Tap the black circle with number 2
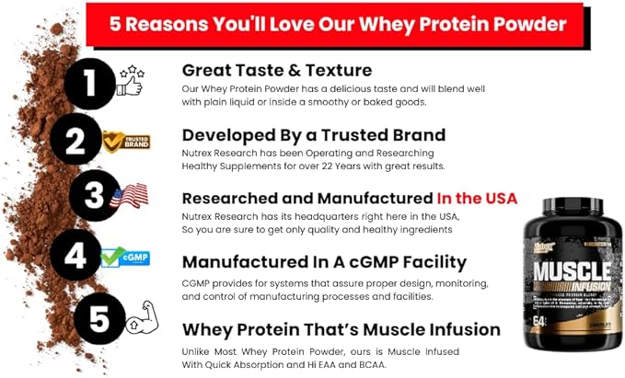[77, 141]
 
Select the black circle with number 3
[95, 196]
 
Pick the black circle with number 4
[75, 255]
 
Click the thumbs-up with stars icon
[131, 81]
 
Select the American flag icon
[131, 195]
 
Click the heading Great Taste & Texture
[275, 70]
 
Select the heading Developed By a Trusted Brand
[313, 135]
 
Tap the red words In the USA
[477, 198]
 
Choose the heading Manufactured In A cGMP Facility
[324, 263]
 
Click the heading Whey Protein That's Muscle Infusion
[341, 329]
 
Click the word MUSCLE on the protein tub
[566, 271]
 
